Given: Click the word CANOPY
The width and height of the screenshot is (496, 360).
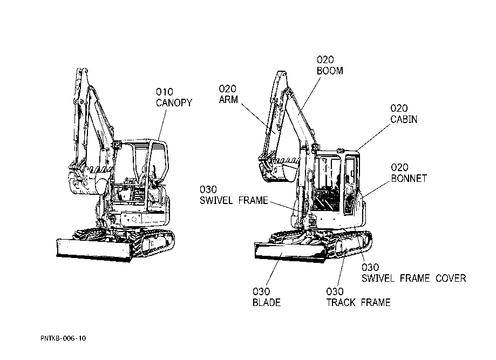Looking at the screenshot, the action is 174,103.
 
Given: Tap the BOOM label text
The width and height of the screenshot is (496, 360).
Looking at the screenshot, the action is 330,71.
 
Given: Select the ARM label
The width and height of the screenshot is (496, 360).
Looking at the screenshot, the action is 228,100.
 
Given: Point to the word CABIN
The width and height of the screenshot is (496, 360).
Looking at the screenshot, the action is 404,119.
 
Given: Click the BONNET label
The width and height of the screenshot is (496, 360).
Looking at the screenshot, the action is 409,179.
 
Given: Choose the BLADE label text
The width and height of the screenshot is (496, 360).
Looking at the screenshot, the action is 267,303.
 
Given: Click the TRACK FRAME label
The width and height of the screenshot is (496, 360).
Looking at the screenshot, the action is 358,303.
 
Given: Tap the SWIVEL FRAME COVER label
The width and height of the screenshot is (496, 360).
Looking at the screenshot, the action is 413,279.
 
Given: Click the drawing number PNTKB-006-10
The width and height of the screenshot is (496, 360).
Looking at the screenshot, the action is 63,338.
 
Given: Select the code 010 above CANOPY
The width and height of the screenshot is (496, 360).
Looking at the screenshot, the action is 165,92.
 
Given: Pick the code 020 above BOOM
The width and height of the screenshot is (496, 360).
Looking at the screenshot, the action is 325,60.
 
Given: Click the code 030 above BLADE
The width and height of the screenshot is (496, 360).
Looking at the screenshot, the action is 261,292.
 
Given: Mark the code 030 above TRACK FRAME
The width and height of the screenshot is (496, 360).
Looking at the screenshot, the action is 335,292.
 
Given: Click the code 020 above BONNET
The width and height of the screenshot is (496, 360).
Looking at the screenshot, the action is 399,168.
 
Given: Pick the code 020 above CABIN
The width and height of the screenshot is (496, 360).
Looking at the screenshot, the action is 399,108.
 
